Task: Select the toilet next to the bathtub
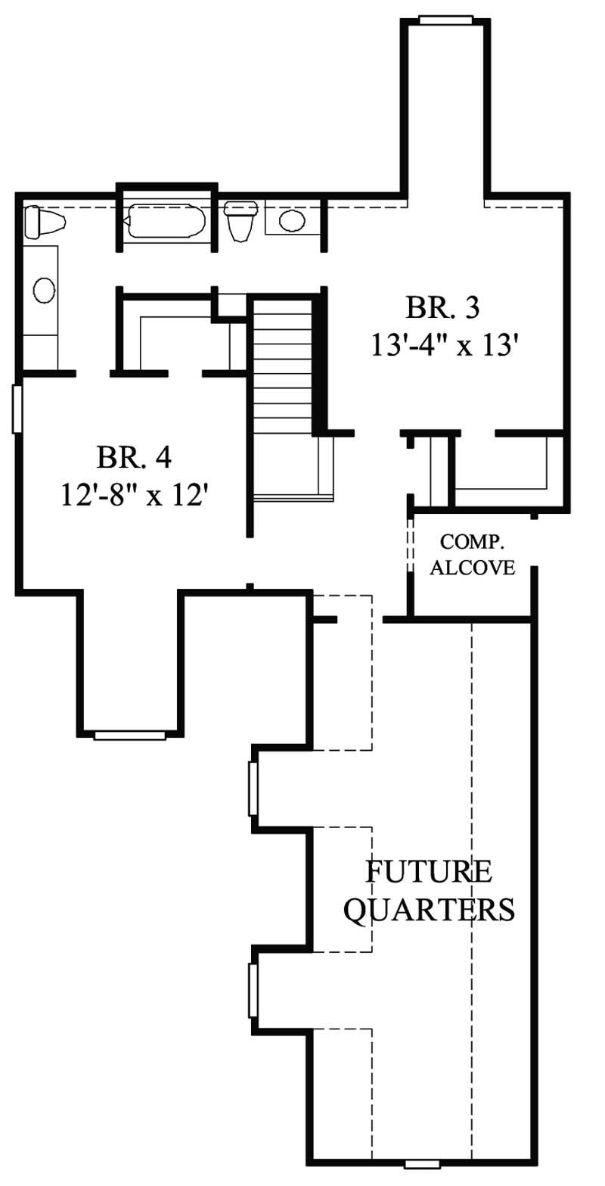point(241,220)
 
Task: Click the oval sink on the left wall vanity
point(44,289)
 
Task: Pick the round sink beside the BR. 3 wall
point(291,221)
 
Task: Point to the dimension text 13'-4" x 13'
point(448,347)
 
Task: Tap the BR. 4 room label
point(135,457)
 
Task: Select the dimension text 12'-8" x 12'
point(135,497)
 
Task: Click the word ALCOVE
point(473,568)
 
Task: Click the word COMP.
point(473,542)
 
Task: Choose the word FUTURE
point(429,872)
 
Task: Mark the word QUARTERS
point(430,909)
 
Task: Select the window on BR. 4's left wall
point(17,409)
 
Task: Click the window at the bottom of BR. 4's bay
point(129,735)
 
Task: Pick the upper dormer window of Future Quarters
point(253,788)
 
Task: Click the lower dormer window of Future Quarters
point(253,991)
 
